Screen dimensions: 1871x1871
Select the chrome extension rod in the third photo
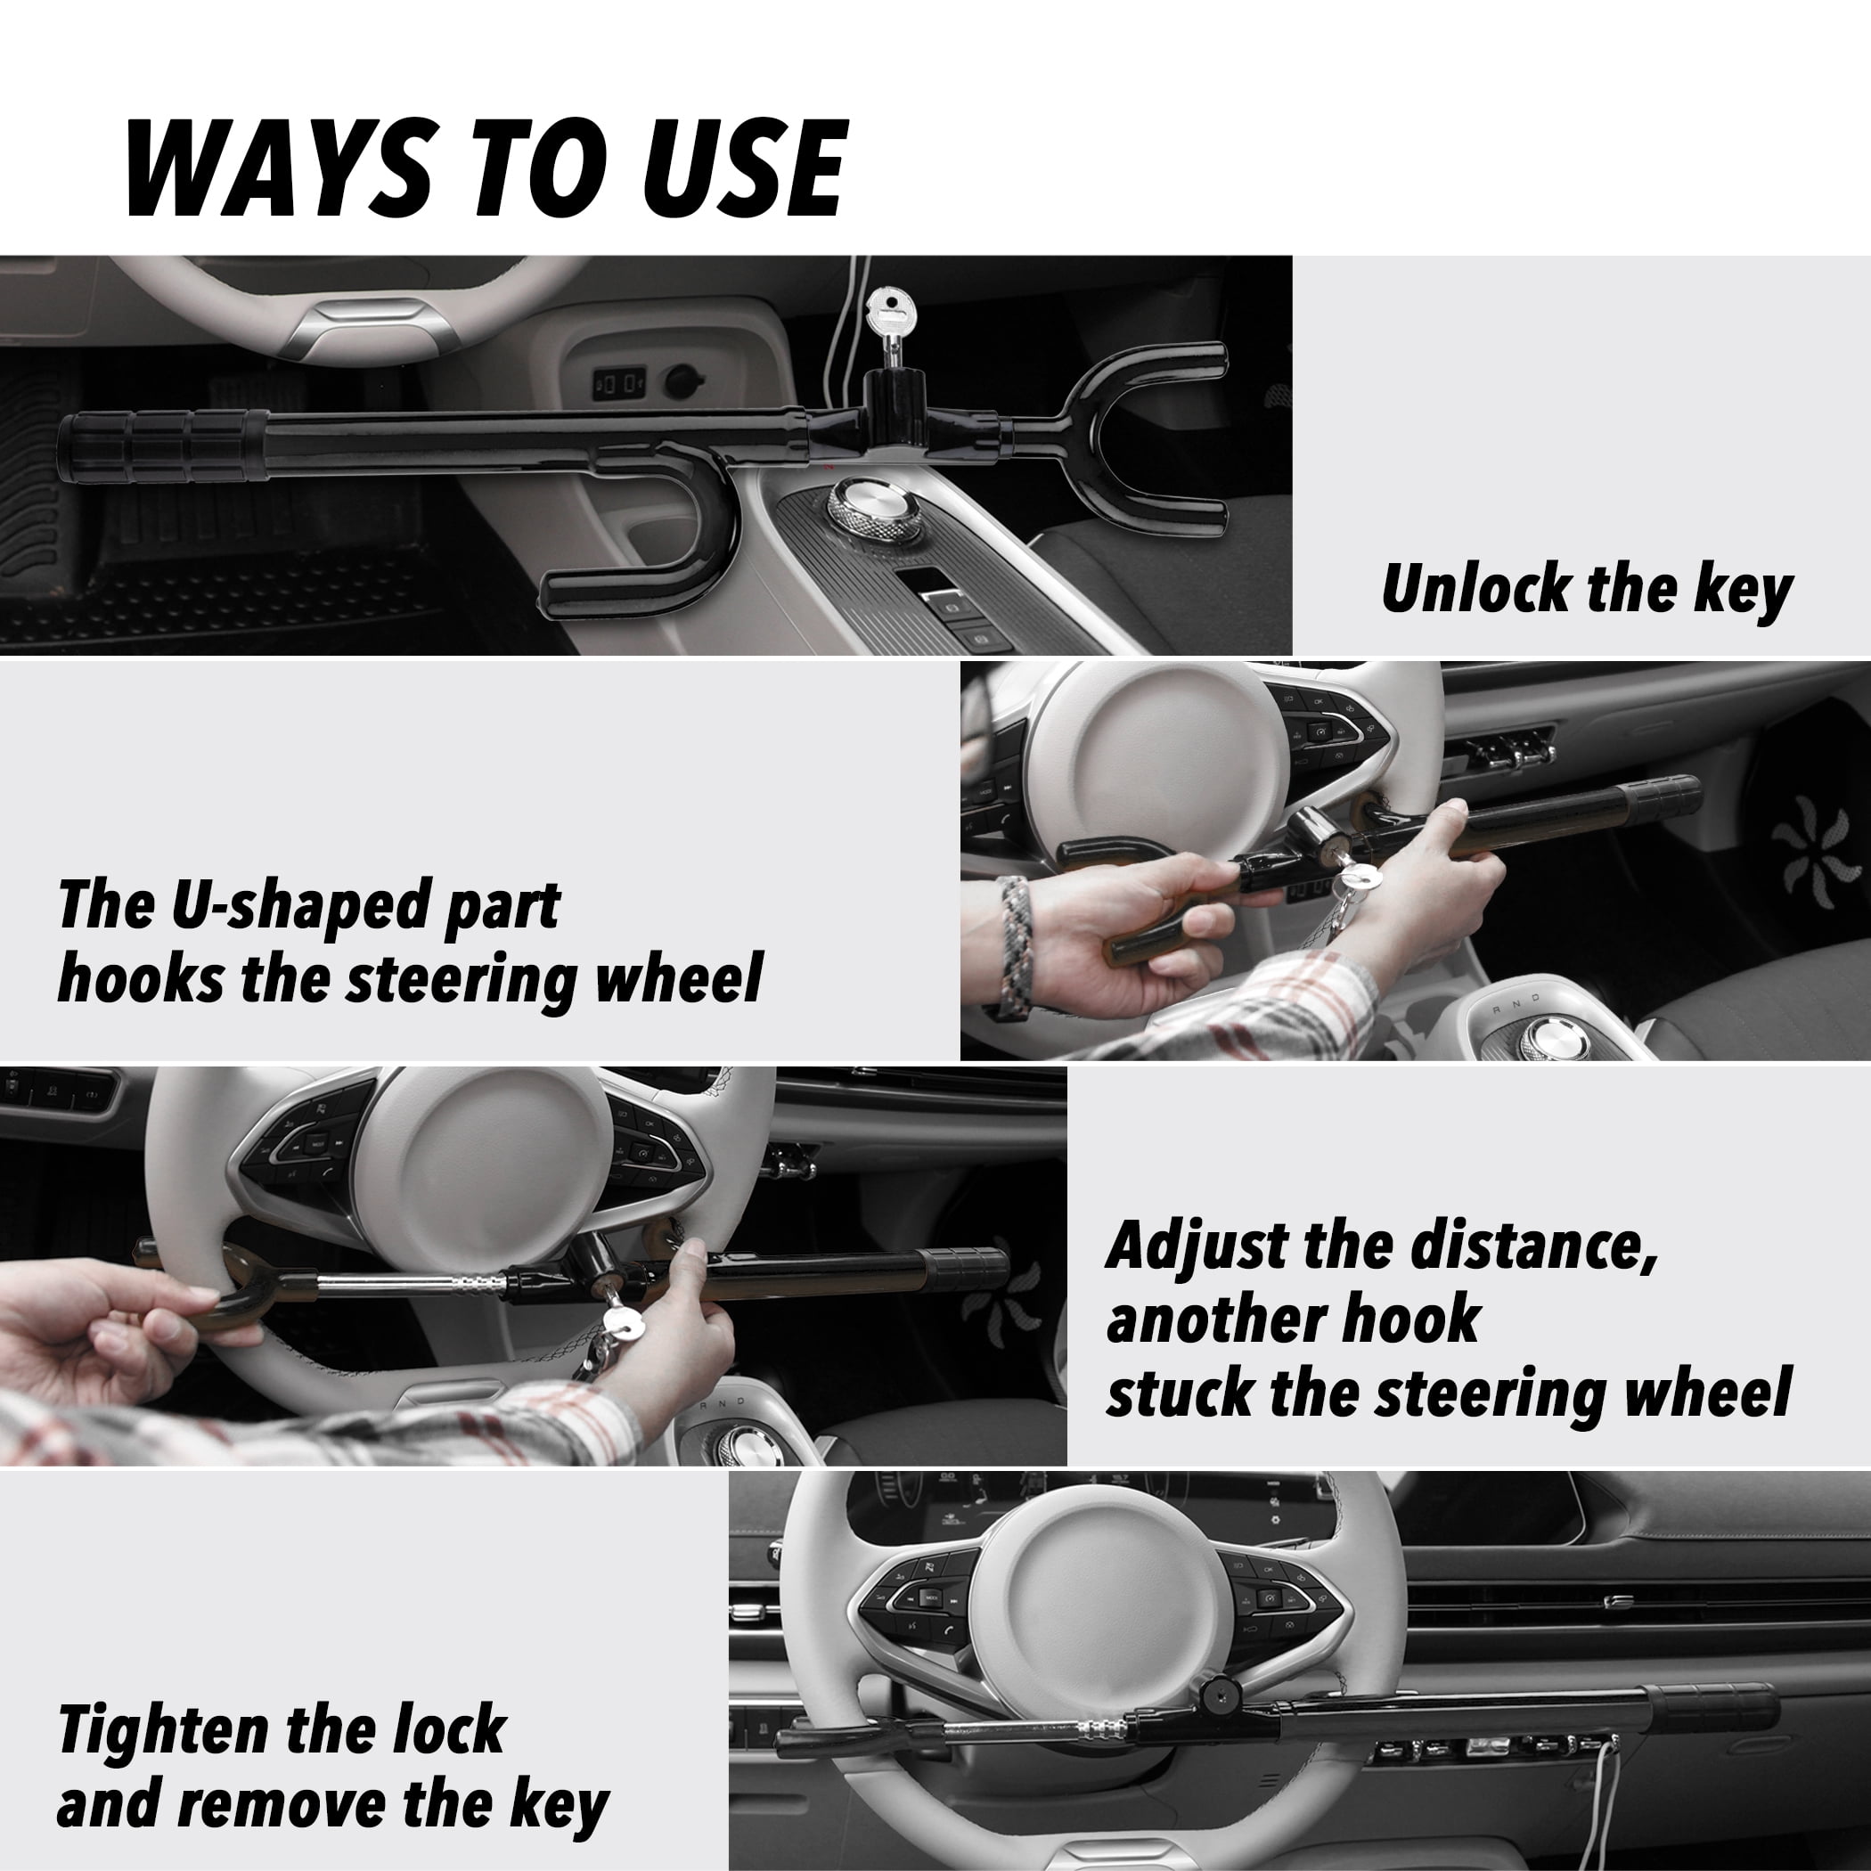pos(407,1283)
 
